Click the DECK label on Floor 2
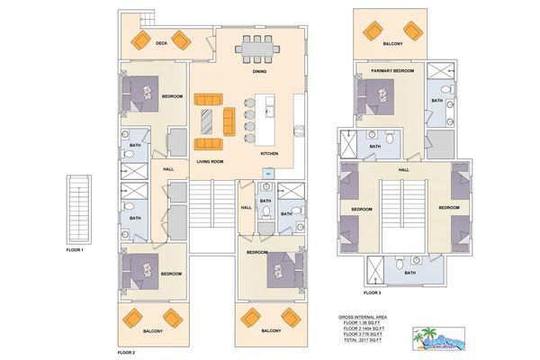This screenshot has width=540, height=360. tap(161, 43)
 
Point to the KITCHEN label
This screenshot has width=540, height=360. tap(269, 154)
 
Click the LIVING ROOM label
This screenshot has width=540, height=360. tap(210, 161)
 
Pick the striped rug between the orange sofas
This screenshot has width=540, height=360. tap(209, 121)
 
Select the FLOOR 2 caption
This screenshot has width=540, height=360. tap(126, 353)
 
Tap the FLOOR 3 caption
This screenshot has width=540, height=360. tap(372, 292)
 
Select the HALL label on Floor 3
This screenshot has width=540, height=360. tap(403, 168)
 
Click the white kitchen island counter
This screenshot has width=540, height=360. tap(265, 120)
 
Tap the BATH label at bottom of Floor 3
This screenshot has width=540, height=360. tap(409, 273)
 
